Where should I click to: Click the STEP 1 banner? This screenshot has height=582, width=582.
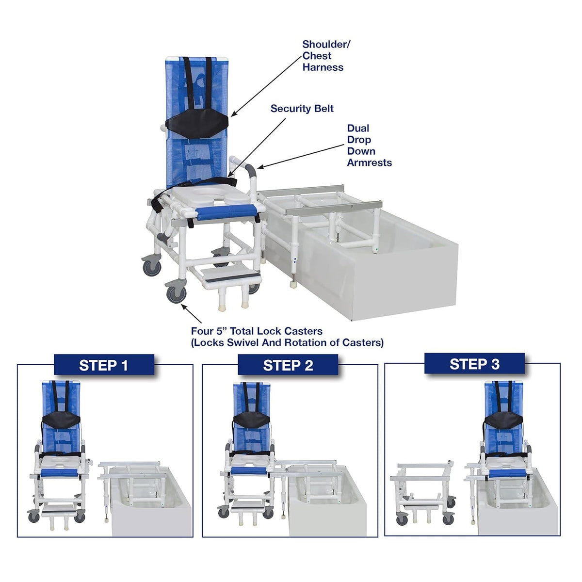pyautogui.click(x=104, y=365)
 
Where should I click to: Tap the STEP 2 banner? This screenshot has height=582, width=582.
pyautogui.click(x=288, y=365)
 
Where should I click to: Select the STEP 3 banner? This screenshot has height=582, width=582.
pyautogui.click(x=474, y=364)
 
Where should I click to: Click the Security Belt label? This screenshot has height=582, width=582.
pyautogui.click(x=302, y=109)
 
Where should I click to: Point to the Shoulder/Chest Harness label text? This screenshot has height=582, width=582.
pyautogui.click(x=326, y=56)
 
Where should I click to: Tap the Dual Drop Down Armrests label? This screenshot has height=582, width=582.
pyautogui.click(x=369, y=145)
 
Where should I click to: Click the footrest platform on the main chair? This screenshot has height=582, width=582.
pyautogui.click(x=231, y=274)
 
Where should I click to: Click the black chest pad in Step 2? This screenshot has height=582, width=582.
pyautogui.click(x=252, y=419)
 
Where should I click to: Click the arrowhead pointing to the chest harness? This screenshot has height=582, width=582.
pyautogui.click(x=233, y=114)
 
